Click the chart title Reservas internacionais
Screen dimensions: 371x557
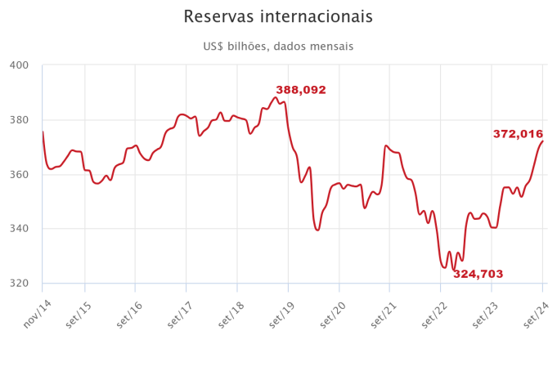click(x=278, y=17)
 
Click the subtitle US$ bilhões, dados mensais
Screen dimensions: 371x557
click(x=278, y=47)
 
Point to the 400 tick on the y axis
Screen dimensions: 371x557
click(x=19, y=65)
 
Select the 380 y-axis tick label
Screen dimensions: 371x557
click(x=19, y=120)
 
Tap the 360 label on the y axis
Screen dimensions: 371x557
click(x=19, y=175)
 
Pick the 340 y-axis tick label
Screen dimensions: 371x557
click(x=19, y=229)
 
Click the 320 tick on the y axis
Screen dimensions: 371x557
click(x=19, y=284)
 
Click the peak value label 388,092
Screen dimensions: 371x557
click(x=301, y=90)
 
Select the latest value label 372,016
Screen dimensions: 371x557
click(x=518, y=134)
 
